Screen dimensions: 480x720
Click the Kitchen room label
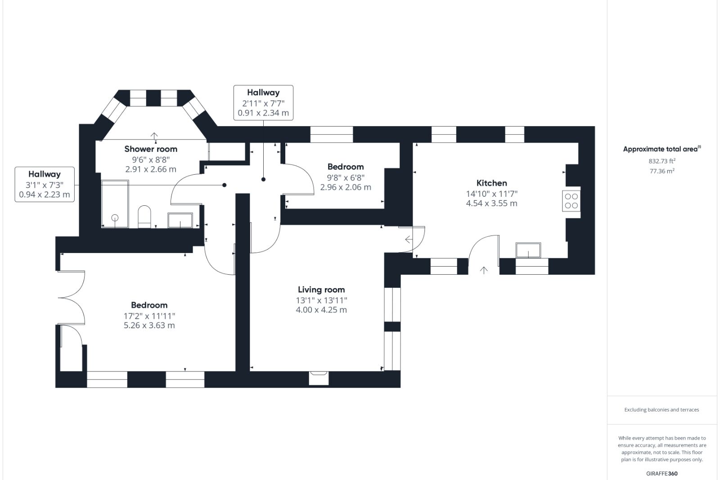[491, 183]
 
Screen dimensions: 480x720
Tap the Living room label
[321, 290]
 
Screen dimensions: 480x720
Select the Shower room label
[151, 149]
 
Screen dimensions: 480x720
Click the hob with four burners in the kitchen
[571, 201]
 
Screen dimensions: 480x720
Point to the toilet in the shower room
[144, 216]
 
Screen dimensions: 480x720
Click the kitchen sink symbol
[528, 250]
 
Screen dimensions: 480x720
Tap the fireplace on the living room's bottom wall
[319, 377]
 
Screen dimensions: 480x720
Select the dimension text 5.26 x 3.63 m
[149, 326]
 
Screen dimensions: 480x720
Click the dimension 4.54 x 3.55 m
[491, 204]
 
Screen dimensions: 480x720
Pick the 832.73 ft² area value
[661, 161]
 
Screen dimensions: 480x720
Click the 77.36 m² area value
[661, 171]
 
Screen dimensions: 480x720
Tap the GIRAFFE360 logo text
[661, 473]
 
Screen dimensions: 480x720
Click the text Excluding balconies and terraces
[661, 410]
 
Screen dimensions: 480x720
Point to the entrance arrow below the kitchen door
[484, 270]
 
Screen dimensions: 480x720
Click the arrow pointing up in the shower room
[154, 136]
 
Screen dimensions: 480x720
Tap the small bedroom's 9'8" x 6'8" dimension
[345, 177]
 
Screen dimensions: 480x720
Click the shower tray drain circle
[115, 218]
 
